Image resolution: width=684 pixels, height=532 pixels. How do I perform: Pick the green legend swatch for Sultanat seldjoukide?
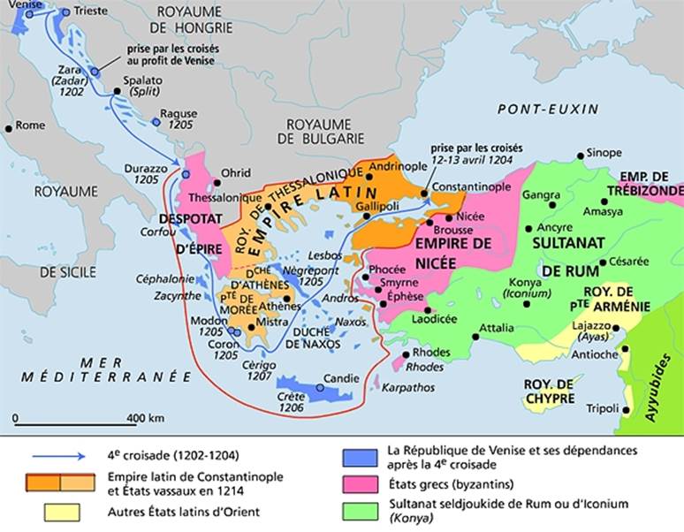tap(358, 505)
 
